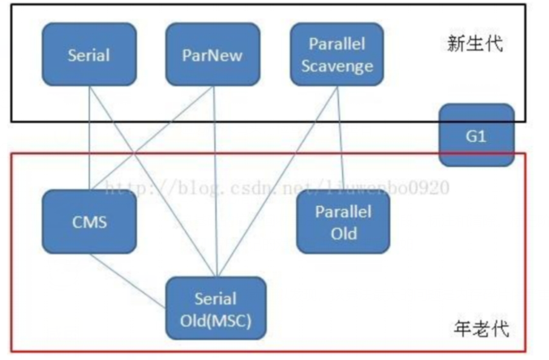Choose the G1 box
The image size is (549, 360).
click(x=476, y=134)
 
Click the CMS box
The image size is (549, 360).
click(x=89, y=221)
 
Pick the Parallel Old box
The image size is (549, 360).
click(x=342, y=221)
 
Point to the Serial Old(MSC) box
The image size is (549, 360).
click(x=215, y=306)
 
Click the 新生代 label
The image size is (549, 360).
click(x=475, y=43)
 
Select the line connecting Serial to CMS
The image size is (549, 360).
click(x=88, y=138)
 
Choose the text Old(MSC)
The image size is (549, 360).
click(x=215, y=319)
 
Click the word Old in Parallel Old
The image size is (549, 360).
click(x=342, y=233)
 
